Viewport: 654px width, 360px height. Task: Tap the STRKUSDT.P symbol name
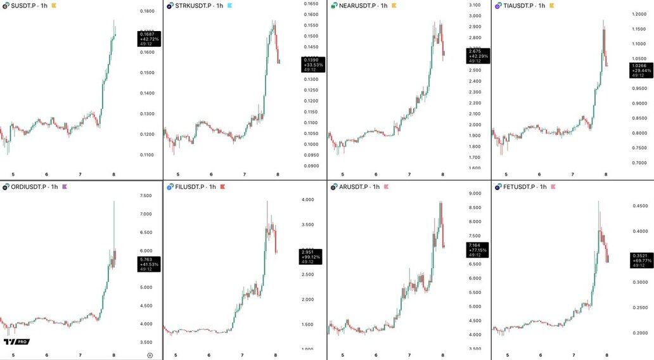pyautogui.click(x=194, y=6)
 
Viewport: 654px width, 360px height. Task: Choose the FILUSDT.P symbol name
pyautogui.click(x=191, y=187)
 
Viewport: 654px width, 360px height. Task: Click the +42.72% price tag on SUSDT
pyautogui.click(x=150, y=39)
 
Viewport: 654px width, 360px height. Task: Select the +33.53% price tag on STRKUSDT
pyautogui.click(x=313, y=64)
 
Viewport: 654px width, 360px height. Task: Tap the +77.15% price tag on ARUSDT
pyautogui.click(x=477, y=250)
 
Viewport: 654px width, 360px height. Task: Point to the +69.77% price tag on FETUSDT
pyautogui.click(x=641, y=260)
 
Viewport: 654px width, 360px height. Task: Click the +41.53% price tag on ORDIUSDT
pyautogui.click(x=149, y=264)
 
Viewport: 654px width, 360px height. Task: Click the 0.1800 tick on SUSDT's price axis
pyautogui.click(x=147, y=11)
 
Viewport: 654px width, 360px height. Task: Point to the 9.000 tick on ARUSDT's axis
pyautogui.click(x=475, y=193)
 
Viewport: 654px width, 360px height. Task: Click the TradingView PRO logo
pyautogui.click(x=16, y=342)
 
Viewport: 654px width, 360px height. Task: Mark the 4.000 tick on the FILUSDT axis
pyautogui.click(x=308, y=200)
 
